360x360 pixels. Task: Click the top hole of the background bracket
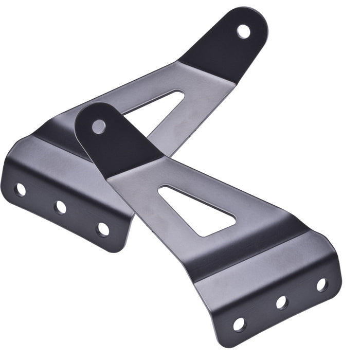pyautogui.click(x=243, y=31)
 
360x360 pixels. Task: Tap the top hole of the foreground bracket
pyautogui.click(x=98, y=126)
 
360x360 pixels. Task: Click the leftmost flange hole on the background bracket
pyautogui.click(x=20, y=190)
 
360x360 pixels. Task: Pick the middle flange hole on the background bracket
pyautogui.click(x=60, y=208)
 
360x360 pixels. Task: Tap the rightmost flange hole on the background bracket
pyautogui.click(x=103, y=228)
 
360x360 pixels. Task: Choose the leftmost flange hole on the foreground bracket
pyautogui.click(x=239, y=324)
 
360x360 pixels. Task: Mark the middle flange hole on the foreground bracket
pyautogui.click(x=281, y=302)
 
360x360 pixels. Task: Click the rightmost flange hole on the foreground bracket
pyautogui.click(x=321, y=284)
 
